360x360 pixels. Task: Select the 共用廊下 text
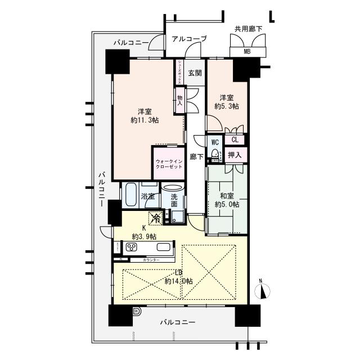[249, 29]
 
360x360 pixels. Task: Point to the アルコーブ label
[189, 39]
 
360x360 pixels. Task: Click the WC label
[215, 142]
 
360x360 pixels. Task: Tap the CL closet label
[235, 140]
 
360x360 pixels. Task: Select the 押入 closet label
[235, 155]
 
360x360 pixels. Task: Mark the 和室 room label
[227, 195]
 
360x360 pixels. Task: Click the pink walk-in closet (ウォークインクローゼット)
[169, 164]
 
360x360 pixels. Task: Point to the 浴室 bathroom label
[148, 197]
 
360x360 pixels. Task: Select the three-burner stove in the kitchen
[133, 247]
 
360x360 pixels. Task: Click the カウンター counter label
[151, 260]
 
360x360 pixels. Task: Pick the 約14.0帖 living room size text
[179, 281]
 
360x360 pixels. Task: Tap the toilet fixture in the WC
[214, 154]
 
